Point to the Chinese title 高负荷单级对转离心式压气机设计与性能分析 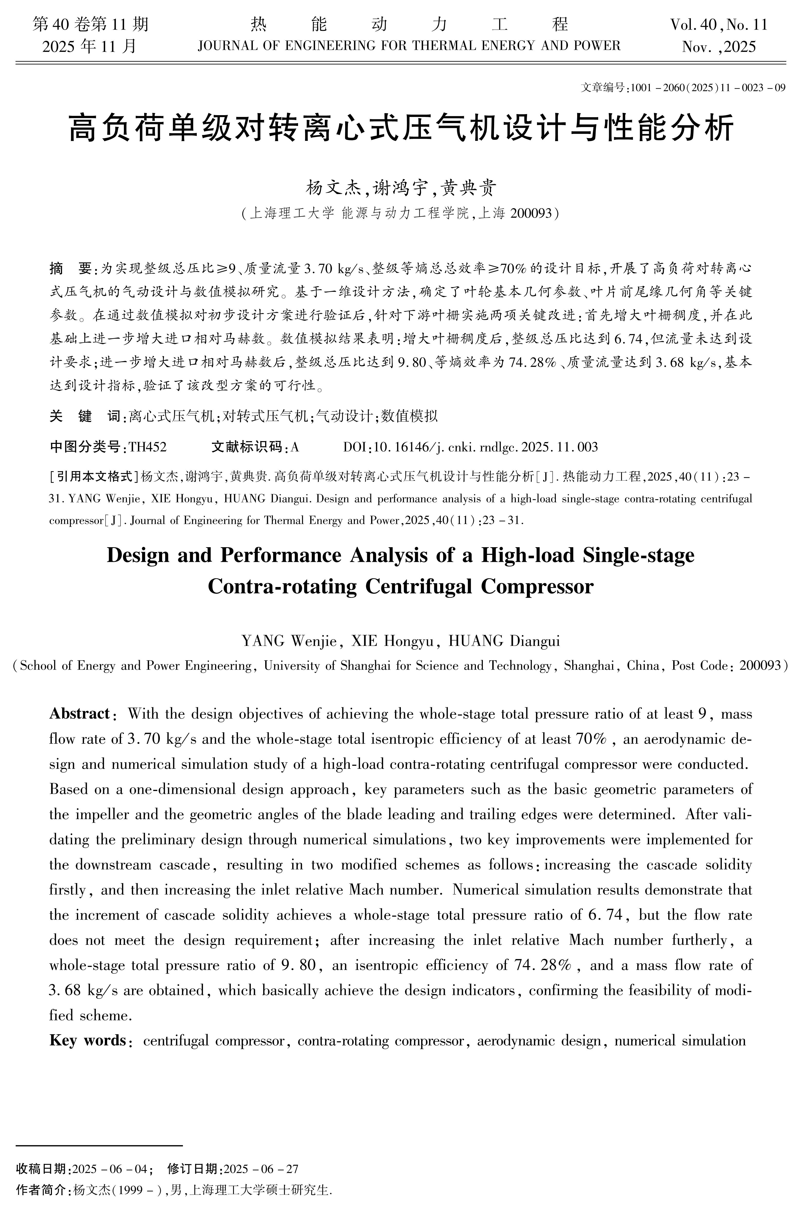coord(401,128)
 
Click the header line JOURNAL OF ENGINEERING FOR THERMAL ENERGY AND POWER coord(409,46)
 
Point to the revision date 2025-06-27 coord(261,1169)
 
